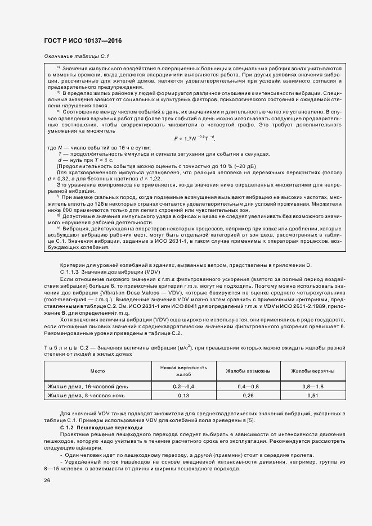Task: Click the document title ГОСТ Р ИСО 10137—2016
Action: [82, 41]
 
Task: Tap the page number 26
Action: [47, 480]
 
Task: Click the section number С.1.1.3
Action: [70, 271]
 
